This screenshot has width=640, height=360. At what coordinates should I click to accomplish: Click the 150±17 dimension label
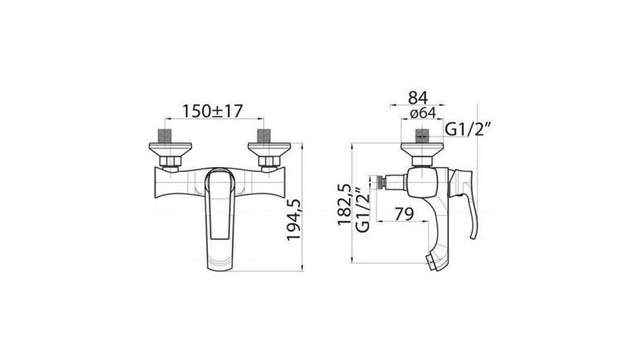click(x=212, y=111)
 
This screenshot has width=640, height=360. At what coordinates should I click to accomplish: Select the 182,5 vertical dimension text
click(x=344, y=204)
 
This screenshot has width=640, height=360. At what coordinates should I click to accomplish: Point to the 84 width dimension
click(x=418, y=98)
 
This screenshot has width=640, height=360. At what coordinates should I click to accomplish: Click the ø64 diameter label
click(x=423, y=113)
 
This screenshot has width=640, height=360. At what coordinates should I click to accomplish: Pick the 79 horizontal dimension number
click(x=404, y=214)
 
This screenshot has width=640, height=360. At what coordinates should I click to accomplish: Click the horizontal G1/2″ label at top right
click(x=467, y=130)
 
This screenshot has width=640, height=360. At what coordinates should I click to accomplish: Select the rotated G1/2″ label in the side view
click(x=363, y=210)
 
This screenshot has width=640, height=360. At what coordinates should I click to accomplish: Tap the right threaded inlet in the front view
click(x=264, y=136)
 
